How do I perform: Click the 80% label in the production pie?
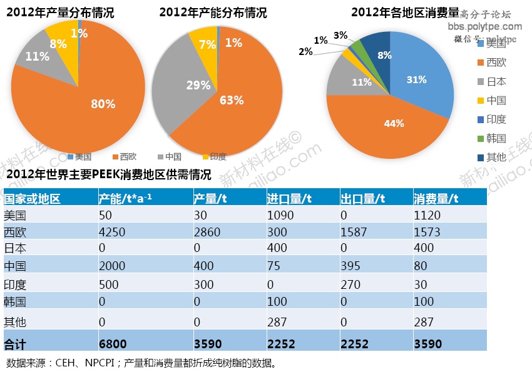(103, 104)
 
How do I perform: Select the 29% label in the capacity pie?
(198, 85)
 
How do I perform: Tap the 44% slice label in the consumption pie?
(394, 124)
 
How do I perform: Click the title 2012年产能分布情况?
(213, 12)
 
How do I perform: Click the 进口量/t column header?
(289, 199)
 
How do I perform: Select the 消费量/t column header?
(436, 199)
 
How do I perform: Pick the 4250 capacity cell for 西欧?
(112, 232)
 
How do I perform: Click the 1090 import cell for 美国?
(280, 216)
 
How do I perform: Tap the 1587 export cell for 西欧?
(354, 232)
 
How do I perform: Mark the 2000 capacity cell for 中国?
(112, 266)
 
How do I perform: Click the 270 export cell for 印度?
(350, 284)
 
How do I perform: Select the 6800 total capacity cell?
(113, 343)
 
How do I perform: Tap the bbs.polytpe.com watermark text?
(485, 26)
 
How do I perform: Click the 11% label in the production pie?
(38, 56)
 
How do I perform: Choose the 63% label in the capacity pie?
(231, 99)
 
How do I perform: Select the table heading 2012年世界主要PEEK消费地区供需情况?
(108, 174)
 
